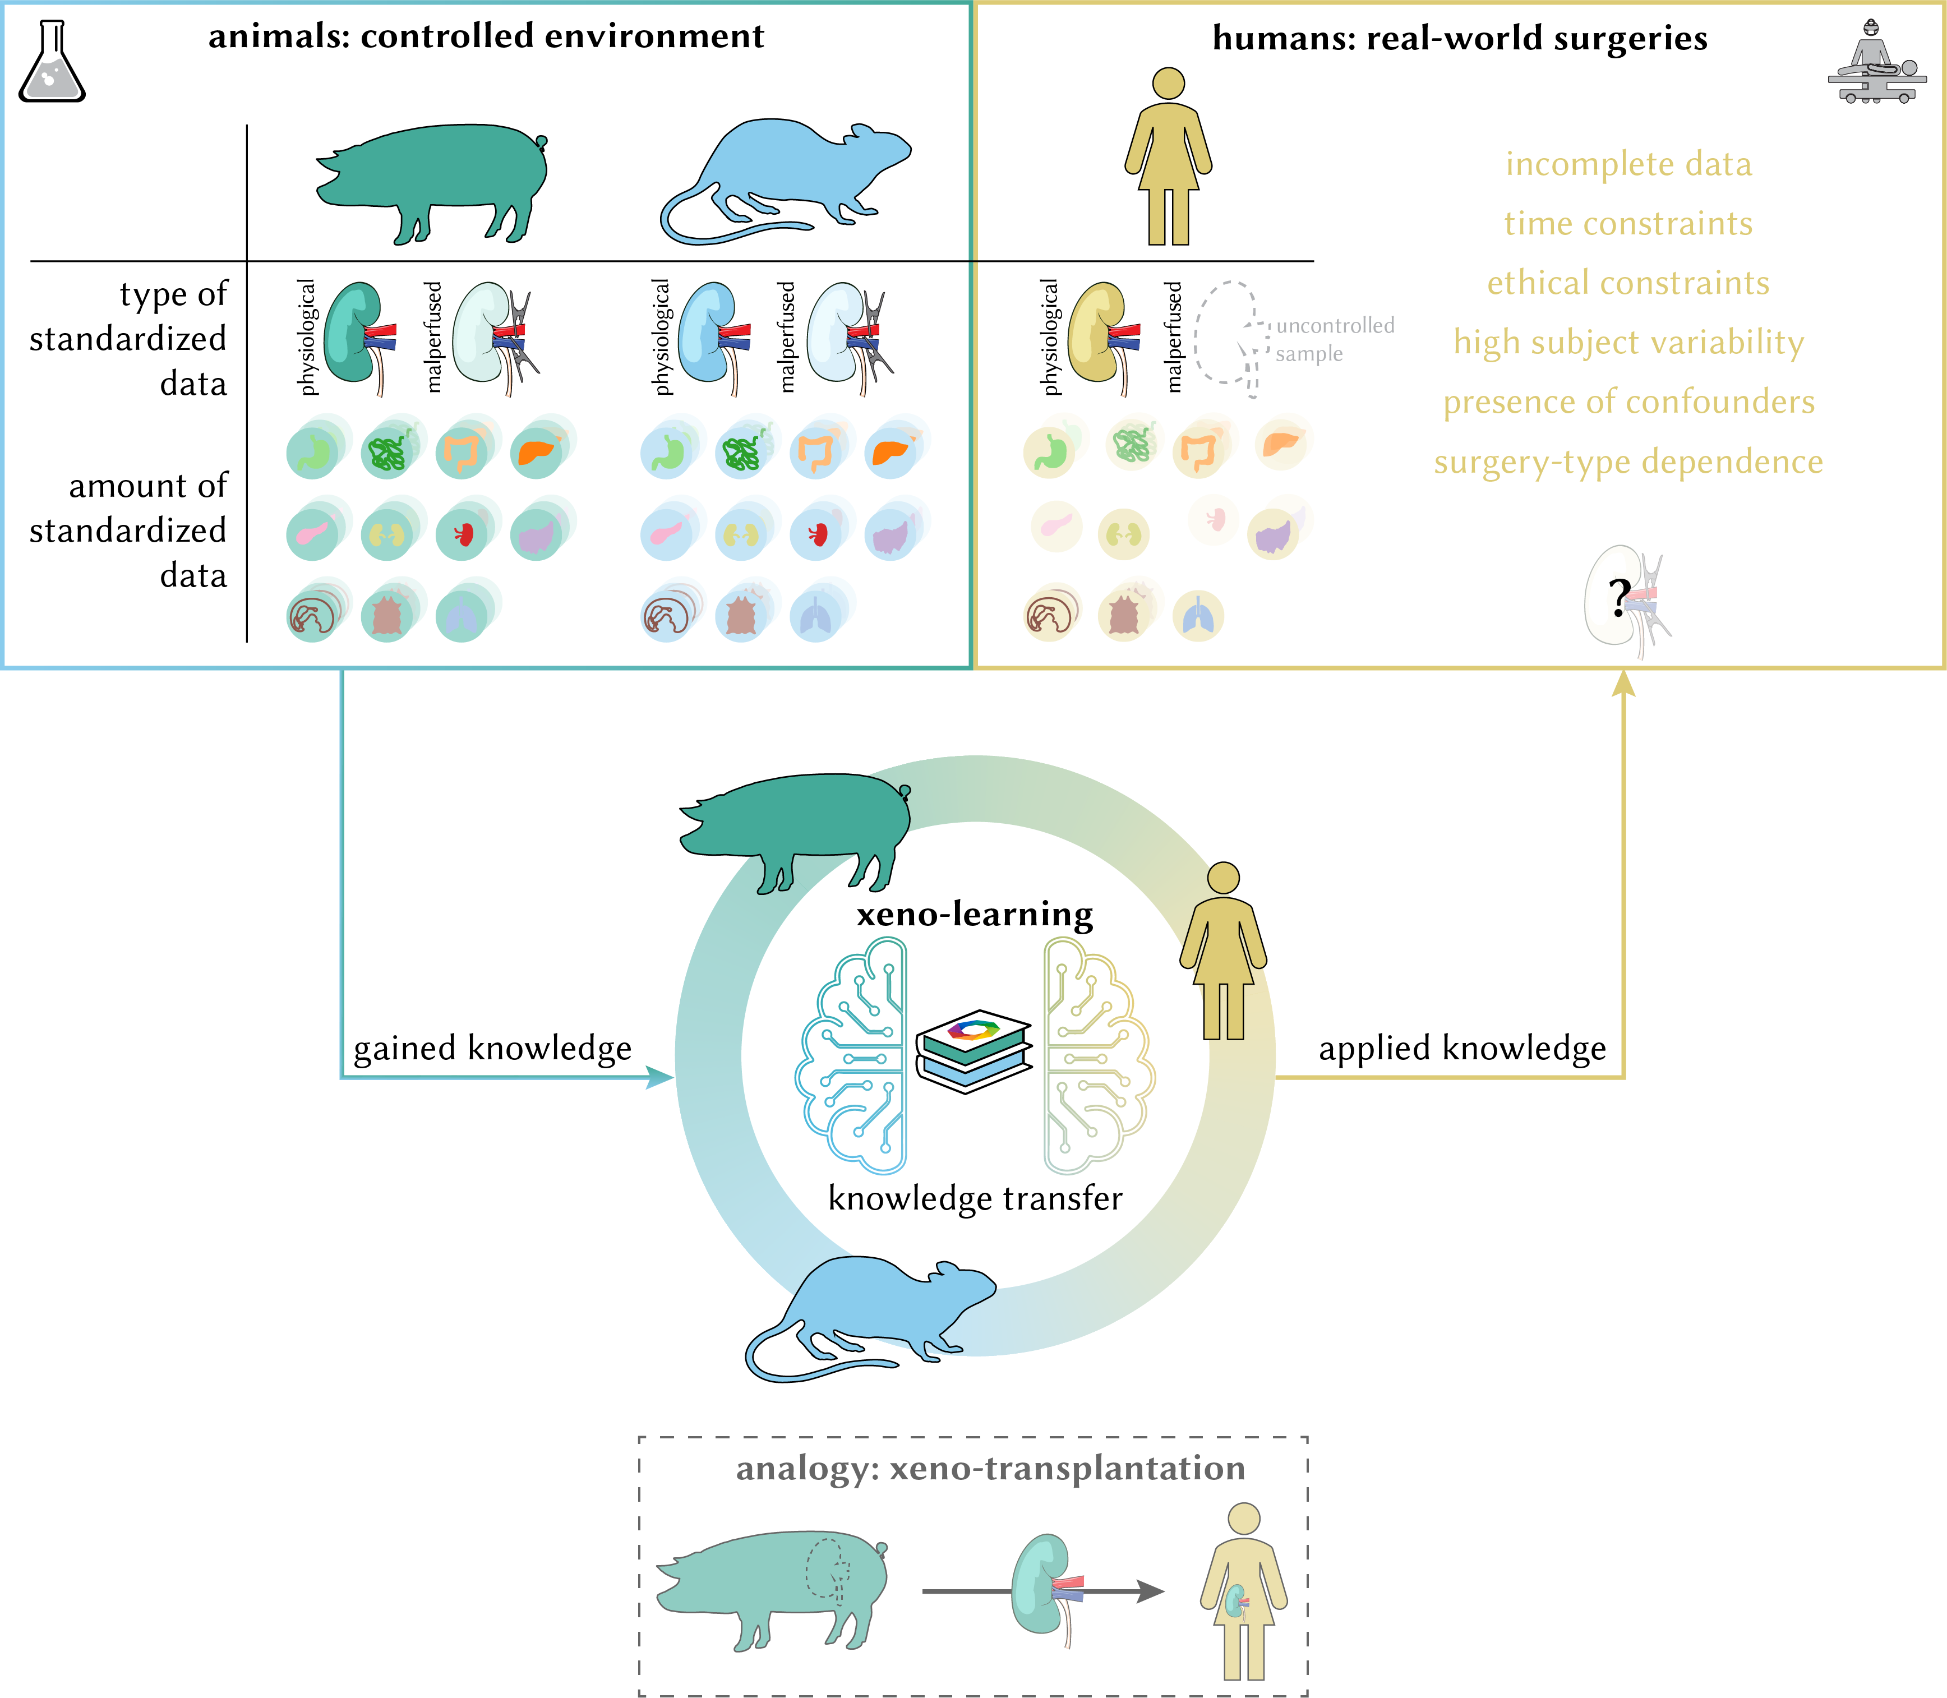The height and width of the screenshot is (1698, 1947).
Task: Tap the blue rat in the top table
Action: [786, 180]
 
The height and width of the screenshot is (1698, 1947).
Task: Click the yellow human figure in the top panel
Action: [1168, 156]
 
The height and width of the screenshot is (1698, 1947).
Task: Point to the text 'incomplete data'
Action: [1628, 164]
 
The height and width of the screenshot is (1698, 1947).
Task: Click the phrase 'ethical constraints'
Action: [1628, 283]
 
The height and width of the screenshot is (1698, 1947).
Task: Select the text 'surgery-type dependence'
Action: [1628, 462]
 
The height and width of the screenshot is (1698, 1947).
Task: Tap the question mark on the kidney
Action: [1619, 597]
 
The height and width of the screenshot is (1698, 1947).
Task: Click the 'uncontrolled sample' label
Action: [1331, 339]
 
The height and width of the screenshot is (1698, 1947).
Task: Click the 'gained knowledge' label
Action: [492, 1048]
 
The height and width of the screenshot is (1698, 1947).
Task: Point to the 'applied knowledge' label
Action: [1462, 1048]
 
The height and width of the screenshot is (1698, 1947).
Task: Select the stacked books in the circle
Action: [974, 1052]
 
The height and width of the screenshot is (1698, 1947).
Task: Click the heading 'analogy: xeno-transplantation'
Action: [990, 1468]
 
